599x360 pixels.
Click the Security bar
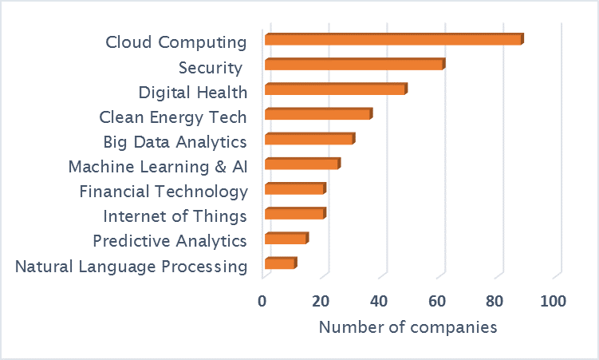(x=354, y=65)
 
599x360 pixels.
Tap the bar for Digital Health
(x=336, y=89)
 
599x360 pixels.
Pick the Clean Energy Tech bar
(x=318, y=114)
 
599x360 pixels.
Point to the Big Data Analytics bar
(x=309, y=140)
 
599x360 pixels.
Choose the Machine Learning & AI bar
(x=302, y=164)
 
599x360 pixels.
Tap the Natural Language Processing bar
(x=280, y=263)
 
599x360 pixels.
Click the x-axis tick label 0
(x=262, y=301)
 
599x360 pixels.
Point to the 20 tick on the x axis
(x=321, y=301)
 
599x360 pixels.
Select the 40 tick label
(x=379, y=301)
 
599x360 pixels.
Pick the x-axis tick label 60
(x=437, y=301)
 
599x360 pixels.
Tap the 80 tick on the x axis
(x=495, y=301)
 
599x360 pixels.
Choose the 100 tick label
(x=553, y=301)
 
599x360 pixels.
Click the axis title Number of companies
(x=408, y=327)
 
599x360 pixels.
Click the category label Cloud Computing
(x=176, y=42)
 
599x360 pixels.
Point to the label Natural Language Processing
(x=132, y=267)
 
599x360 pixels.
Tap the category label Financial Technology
(x=164, y=192)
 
